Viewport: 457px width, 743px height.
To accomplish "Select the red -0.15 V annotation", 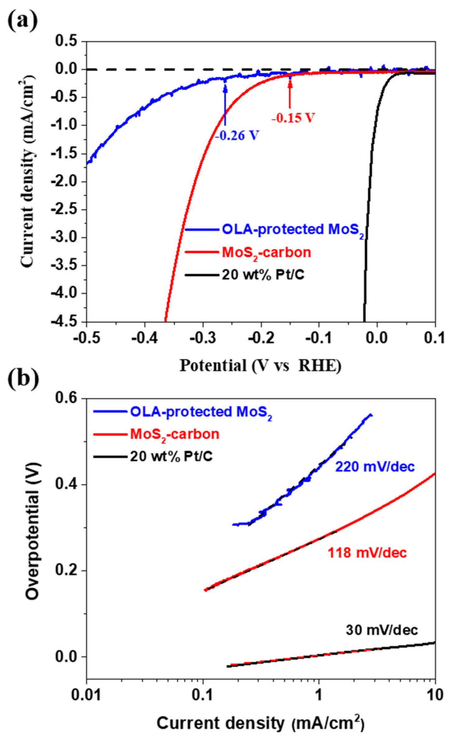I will (x=293, y=118).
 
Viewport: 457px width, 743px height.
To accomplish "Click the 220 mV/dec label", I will (x=375, y=467).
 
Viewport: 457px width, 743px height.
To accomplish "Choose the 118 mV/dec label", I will (x=367, y=553).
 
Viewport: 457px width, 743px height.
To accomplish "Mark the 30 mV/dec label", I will (x=382, y=630).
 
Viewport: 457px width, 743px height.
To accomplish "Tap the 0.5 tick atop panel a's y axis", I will (x=66, y=41).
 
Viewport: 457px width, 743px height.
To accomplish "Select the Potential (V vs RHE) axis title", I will (x=260, y=366).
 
